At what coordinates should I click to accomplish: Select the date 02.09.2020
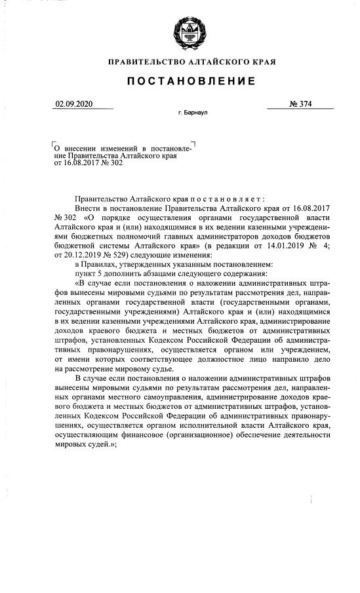[72, 104]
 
